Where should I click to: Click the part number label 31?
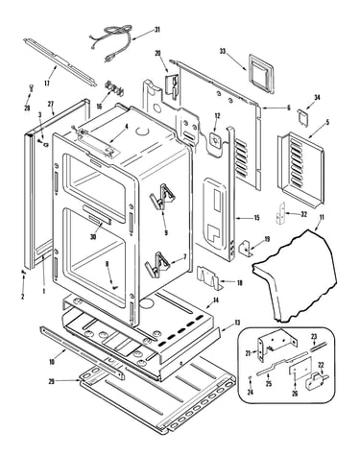pos(157,30)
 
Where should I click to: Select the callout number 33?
pos(223,51)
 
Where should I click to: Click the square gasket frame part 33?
pos(261,73)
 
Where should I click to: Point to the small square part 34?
pos(302,116)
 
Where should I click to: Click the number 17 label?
pos(47,84)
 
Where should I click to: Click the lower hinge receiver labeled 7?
pos(157,265)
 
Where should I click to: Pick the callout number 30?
pos(93,237)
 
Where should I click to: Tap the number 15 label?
pos(256,218)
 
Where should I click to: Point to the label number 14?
pos(216,300)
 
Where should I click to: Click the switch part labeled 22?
pos(315,380)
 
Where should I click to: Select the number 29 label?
pos(52,381)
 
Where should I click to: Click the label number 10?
pos(52,362)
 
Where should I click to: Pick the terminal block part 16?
pos(114,88)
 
